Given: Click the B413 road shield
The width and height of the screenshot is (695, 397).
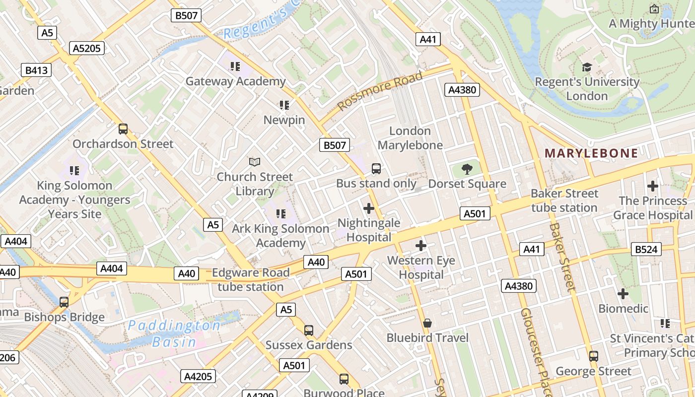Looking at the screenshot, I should pyautogui.click(x=36, y=70).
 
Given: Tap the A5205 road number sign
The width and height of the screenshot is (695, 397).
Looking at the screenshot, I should pyautogui.click(x=87, y=48).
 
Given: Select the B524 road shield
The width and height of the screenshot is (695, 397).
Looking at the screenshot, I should pyautogui.click(x=646, y=249).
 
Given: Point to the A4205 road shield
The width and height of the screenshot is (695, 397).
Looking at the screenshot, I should pyautogui.click(x=198, y=376).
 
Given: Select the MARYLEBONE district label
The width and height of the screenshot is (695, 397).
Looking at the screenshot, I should pyautogui.click(x=591, y=153).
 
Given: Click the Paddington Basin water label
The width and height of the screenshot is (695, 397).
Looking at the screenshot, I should pyautogui.click(x=173, y=333).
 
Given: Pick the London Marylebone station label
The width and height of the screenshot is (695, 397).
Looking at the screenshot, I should pyautogui.click(x=410, y=138).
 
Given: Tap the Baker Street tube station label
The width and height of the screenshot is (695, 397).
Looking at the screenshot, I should pyautogui.click(x=564, y=200).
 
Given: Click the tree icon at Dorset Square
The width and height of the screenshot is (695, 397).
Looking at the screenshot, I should pyautogui.click(x=467, y=169).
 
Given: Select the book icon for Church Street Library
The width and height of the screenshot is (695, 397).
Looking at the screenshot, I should pyautogui.click(x=255, y=162).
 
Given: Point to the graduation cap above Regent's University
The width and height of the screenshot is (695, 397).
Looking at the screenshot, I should pyautogui.click(x=587, y=67).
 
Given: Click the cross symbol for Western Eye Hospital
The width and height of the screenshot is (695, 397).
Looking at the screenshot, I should pyautogui.click(x=421, y=245).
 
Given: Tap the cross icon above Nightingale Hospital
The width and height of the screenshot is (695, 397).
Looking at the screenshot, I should pyautogui.click(x=368, y=208).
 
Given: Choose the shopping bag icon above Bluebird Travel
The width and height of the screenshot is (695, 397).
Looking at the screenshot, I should pyautogui.click(x=427, y=324).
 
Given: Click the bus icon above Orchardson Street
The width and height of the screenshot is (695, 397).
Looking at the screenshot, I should pyautogui.click(x=123, y=129).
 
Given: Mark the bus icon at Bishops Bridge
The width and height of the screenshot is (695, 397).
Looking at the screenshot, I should pyautogui.click(x=64, y=302).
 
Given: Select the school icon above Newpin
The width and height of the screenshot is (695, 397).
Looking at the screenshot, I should pyautogui.click(x=284, y=105).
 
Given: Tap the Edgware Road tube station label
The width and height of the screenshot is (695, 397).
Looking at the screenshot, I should pyautogui.click(x=251, y=280).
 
